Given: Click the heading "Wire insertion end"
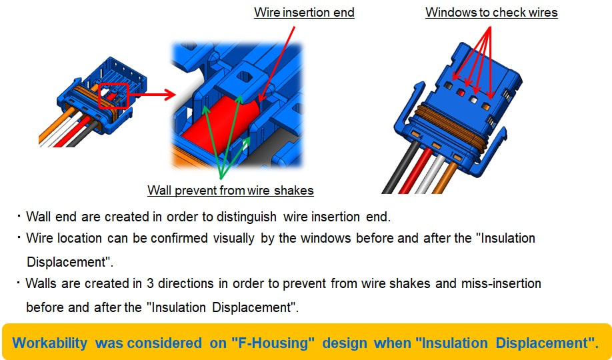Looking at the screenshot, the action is tap(304, 13).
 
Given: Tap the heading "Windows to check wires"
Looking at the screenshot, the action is tap(491, 13).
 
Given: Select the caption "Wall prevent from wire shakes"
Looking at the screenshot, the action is tap(231, 191).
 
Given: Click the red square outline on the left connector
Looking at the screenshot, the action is tap(113, 95).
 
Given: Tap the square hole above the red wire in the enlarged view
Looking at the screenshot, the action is tap(245, 76).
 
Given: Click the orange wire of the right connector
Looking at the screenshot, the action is tap(445, 178).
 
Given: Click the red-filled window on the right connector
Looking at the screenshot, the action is tap(461, 93).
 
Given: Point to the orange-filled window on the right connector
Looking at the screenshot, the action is tap(486, 106).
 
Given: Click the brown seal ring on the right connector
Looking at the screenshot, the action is tap(452, 127).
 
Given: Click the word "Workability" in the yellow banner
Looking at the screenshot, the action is tap(49, 343).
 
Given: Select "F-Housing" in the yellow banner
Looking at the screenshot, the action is tap(273, 343).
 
